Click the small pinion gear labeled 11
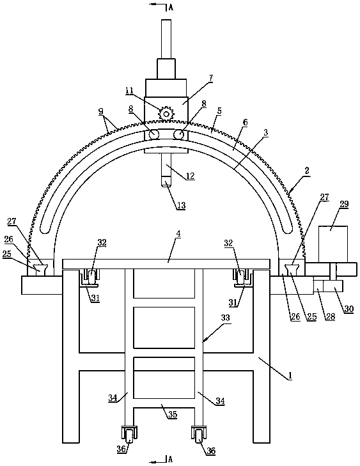pos(166,114)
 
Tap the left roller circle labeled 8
pos(154,134)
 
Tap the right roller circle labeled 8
pos(178,134)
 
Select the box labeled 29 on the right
pos(333,244)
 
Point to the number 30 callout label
pos(349,309)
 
